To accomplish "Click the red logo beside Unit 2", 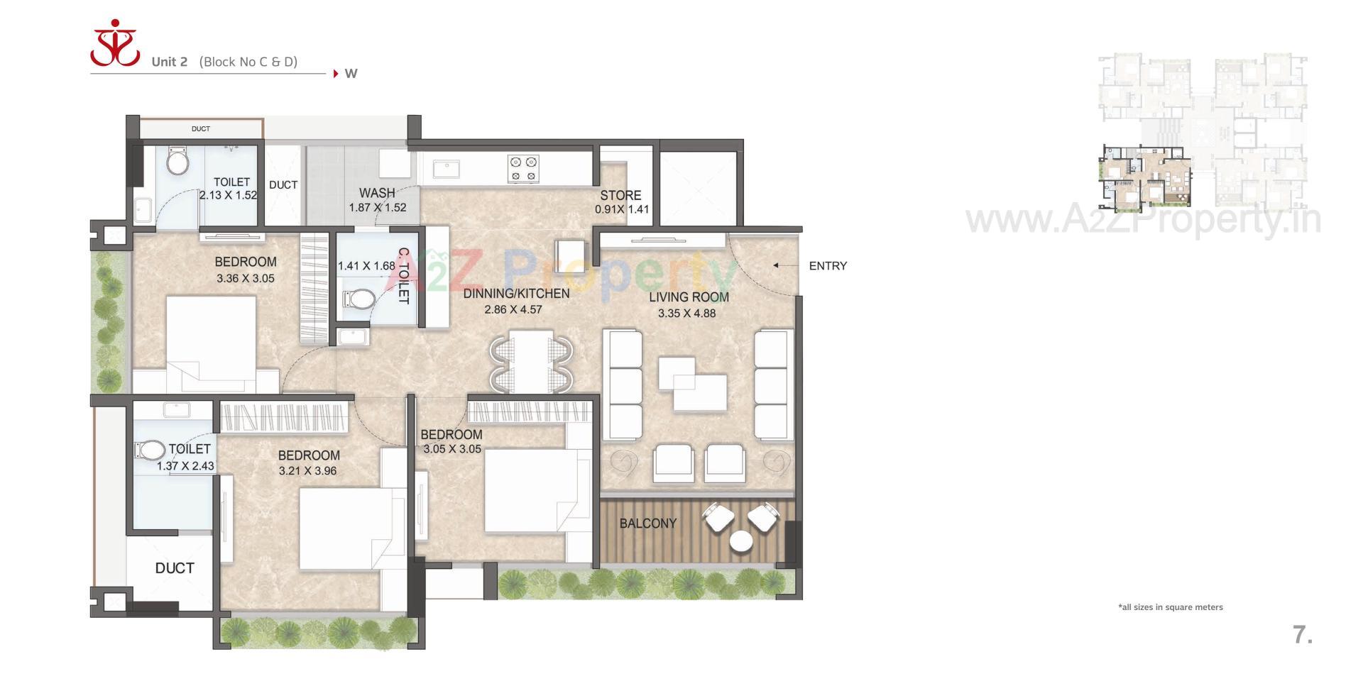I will click(115, 44).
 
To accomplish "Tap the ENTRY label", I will click(827, 266).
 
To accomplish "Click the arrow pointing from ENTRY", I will click(784, 265).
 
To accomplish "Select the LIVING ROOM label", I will click(688, 297).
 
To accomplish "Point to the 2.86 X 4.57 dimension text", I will click(513, 309).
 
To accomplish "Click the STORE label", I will click(620, 195).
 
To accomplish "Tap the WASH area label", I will click(377, 193).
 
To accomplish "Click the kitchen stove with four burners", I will click(523, 169).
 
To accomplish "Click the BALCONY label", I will click(647, 524).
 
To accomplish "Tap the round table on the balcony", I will click(741, 541).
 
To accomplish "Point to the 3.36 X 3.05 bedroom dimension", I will click(246, 279).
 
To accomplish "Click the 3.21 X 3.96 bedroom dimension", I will click(307, 470).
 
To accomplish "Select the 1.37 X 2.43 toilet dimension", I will click(185, 466).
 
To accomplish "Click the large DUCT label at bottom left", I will click(175, 568).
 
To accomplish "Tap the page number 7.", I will click(1302, 635).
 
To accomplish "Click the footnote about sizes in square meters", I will click(1170, 607).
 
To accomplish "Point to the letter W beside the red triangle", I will click(351, 74).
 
